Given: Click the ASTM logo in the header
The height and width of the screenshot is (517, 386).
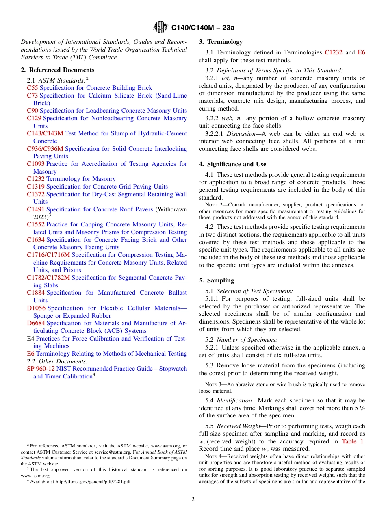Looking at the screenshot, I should coord(160,27).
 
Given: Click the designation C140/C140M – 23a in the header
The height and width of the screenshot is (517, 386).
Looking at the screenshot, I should coord(203,28).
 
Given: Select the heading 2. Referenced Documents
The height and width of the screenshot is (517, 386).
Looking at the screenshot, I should coord(58,70).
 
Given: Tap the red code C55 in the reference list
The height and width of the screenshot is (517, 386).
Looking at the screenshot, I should coord(33,88).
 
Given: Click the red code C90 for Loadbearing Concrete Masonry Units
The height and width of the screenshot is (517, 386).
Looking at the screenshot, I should coord(33,111).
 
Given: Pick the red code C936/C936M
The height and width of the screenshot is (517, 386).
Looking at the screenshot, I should coord(45,149).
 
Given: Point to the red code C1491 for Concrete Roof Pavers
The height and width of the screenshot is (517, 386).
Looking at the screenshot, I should coord(36,209).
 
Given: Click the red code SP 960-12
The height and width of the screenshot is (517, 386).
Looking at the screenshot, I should coord(41,369).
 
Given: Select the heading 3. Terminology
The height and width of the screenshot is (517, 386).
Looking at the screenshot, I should coord(221,42).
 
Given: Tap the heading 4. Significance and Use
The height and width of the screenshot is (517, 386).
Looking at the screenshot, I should coord(232,164).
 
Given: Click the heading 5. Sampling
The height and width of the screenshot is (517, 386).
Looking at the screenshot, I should coord(216,280).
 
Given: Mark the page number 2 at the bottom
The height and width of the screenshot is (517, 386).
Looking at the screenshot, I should coord(193,500).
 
